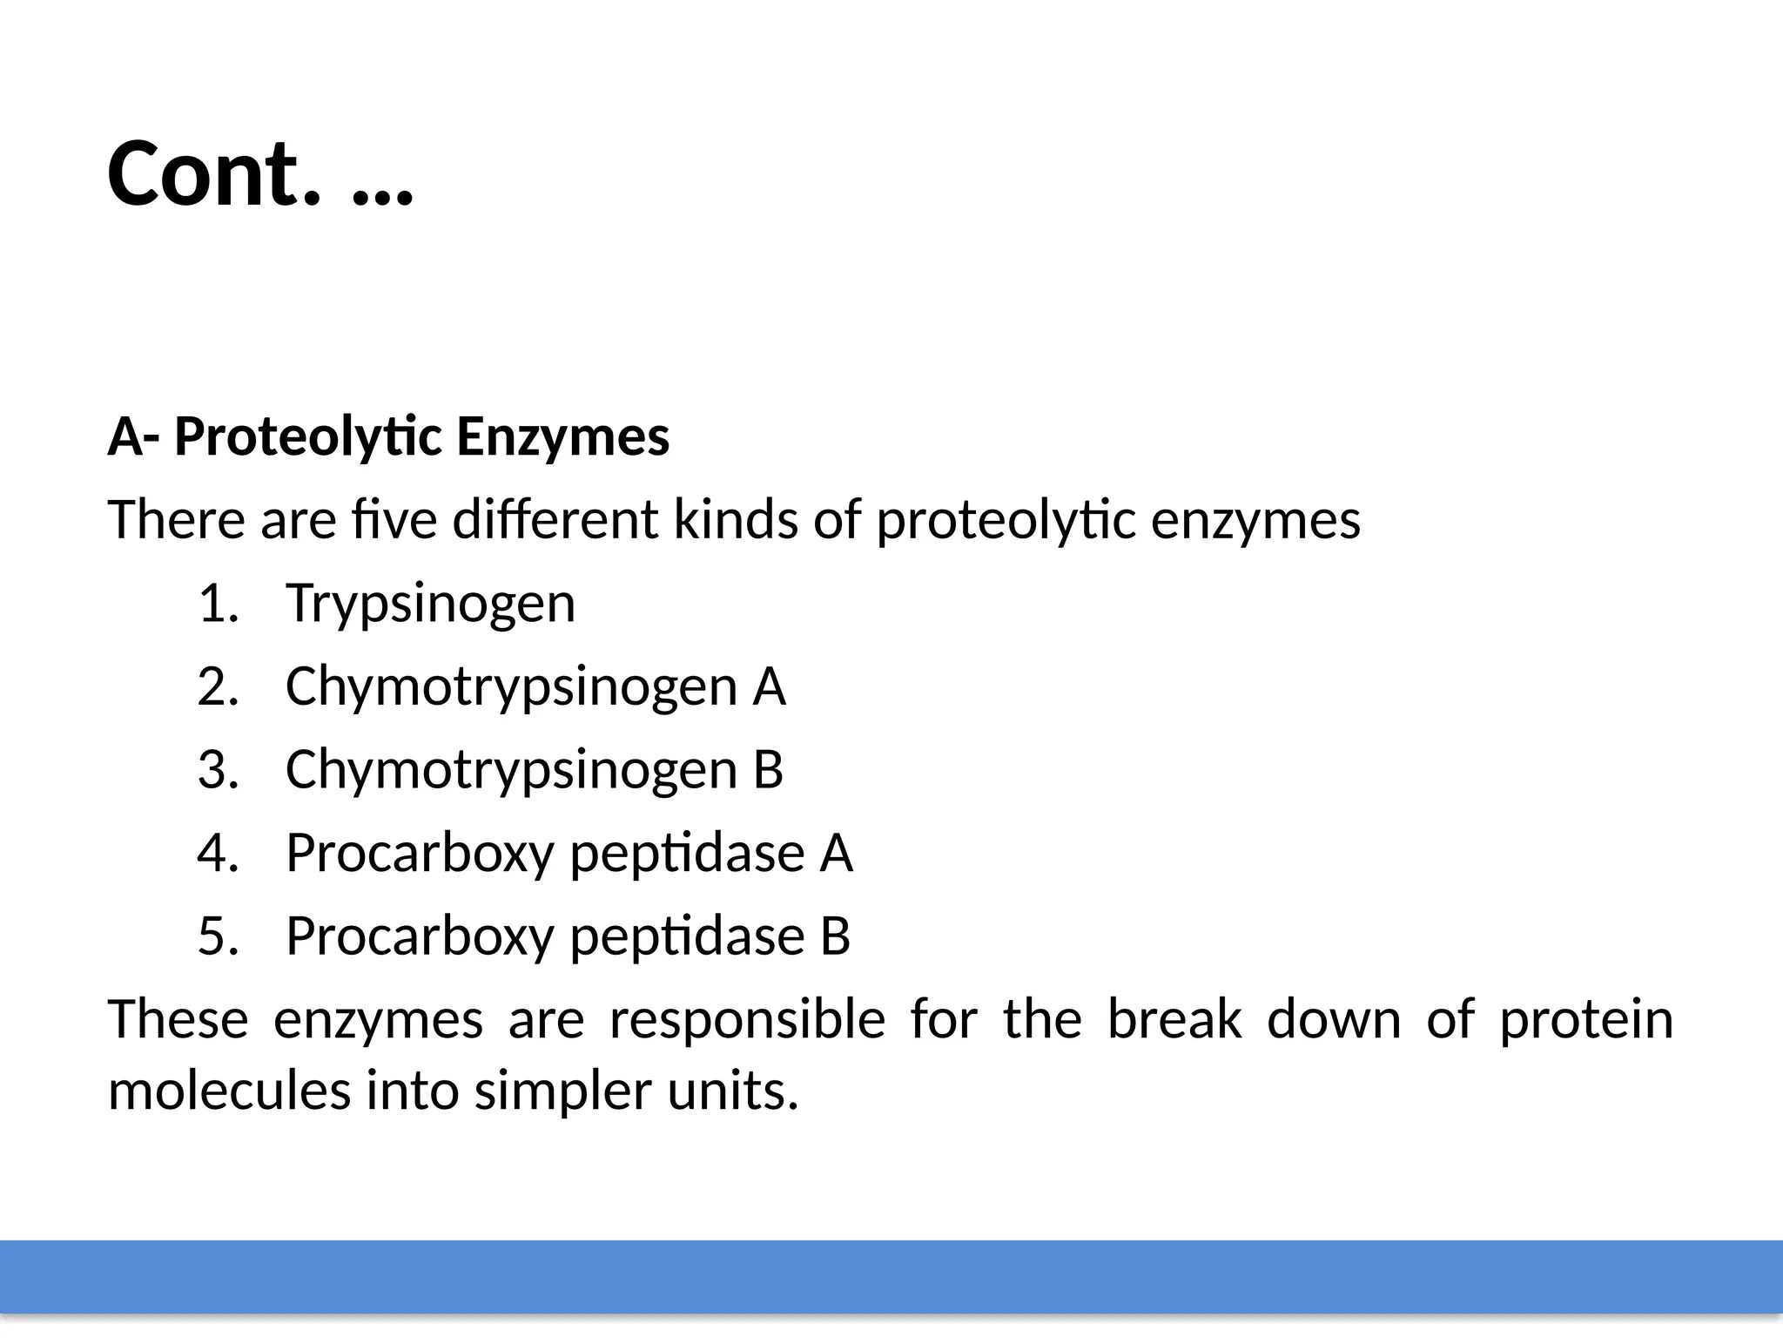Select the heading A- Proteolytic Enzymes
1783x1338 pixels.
(388, 436)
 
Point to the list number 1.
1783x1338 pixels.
(218, 604)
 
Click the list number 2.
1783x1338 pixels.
(218, 686)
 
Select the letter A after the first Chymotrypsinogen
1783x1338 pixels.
(769, 686)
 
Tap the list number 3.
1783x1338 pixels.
(218, 770)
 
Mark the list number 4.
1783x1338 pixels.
(218, 853)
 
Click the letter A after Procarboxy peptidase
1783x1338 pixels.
(836, 853)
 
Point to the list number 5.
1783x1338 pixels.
(218, 936)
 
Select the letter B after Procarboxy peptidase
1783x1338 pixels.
(835, 936)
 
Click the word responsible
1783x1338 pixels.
(747, 1019)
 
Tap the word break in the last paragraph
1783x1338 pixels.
(1174, 1019)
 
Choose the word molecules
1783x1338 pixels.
(229, 1091)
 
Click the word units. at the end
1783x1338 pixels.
(732, 1091)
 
